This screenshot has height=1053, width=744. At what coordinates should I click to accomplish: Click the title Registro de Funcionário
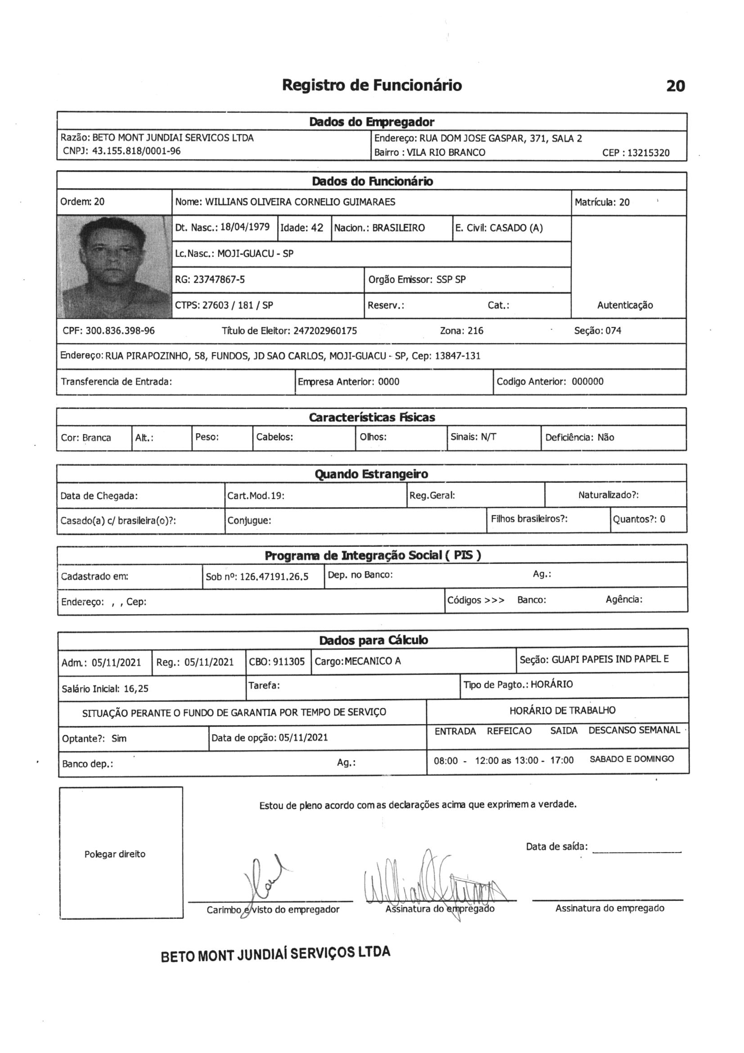pos(372,85)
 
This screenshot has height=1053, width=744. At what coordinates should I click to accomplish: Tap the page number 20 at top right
pos(675,86)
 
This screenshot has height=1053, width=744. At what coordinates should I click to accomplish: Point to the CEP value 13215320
pos(648,153)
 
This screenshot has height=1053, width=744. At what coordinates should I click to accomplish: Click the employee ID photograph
pos(114,267)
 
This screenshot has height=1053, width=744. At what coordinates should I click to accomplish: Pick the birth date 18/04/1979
pos(245,227)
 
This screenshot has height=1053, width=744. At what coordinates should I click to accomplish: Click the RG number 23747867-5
pos(219,279)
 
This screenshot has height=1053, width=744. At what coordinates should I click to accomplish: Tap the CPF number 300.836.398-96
pos(120,331)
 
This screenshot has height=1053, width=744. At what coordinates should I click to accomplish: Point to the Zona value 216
pos(474,331)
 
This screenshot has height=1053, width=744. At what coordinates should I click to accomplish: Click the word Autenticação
pos(625,305)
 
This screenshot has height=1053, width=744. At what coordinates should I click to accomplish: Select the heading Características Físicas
pos(372,418)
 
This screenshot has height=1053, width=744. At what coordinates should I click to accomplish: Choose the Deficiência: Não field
pos(579,437)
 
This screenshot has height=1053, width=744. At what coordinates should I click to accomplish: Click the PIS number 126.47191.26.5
pos(274,577)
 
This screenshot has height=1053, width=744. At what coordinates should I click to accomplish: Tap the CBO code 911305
pos(289,661)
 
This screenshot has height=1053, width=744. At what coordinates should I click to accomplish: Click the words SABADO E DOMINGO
pos(631,759)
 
